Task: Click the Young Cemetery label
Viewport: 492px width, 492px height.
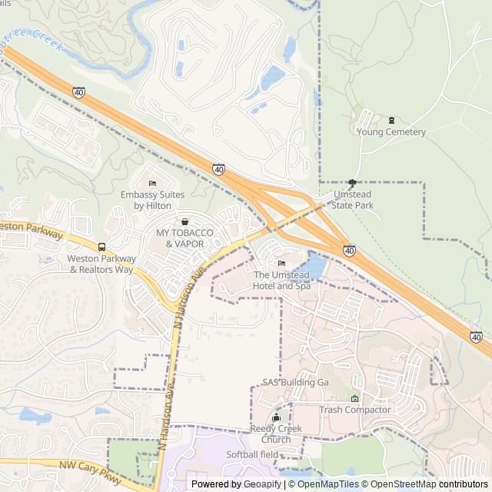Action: tap(391, 132)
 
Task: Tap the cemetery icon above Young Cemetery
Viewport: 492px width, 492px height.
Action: tap(391, 120)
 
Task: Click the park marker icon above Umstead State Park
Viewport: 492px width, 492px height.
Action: tap(352, 183)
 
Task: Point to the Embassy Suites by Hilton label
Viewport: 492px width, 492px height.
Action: tap(152, 200)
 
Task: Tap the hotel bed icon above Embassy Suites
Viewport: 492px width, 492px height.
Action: tap(152, 183)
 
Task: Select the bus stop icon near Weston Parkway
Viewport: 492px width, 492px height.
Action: tap(101, 247)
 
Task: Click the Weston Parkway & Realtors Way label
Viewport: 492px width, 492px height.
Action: tap(101, 264)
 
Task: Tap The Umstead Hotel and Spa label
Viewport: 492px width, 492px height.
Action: tap(281, 281)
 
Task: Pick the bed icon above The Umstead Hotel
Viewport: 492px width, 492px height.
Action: tap(281, 264)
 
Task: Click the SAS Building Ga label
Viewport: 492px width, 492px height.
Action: tap(295, 382)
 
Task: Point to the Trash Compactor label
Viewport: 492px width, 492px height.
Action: tap(355, 410)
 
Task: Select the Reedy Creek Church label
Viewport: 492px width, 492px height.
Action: tap(276, 434)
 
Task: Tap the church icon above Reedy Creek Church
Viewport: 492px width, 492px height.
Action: tap(276, 417)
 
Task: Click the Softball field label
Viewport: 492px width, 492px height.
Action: tap(252, 454)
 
